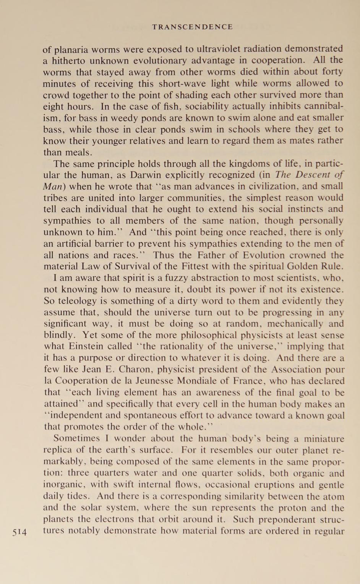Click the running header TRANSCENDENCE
tap(192, 27)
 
